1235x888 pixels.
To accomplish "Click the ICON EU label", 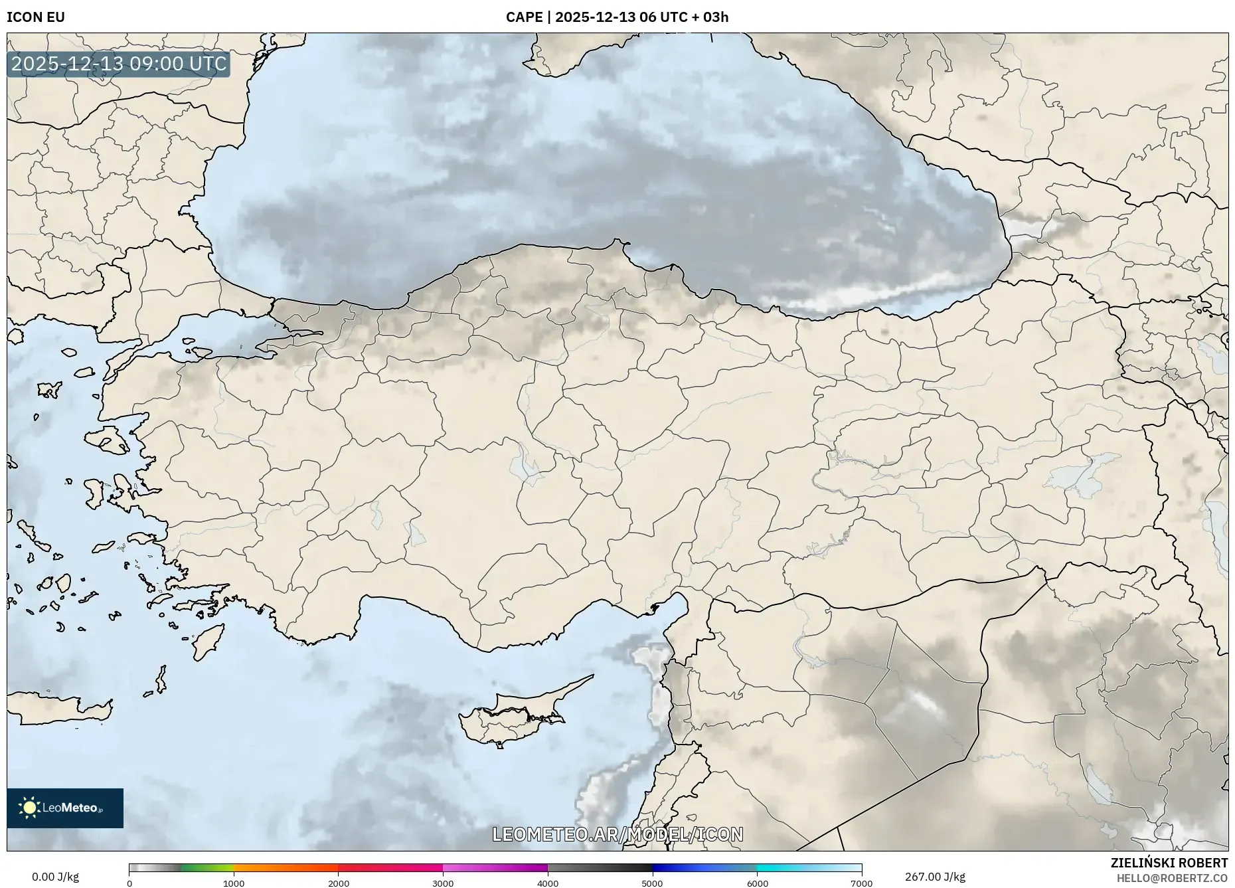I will coord(36,17).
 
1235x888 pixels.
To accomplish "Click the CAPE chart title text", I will coord(617,17).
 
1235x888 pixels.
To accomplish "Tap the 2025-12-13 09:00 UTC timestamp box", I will coord(119,64).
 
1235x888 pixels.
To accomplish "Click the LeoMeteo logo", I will coord(65,808).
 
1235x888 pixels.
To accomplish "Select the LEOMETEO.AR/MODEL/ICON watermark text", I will coord(617,834).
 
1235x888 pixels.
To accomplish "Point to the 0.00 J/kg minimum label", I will coord(55,877).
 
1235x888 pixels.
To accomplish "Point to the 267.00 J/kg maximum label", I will coord(935,877).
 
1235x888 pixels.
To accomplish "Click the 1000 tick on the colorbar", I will coord(234,883).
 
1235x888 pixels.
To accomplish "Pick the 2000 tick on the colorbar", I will coord(339,883).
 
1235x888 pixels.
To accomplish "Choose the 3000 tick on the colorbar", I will coord(443,883).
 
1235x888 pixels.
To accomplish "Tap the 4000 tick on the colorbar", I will coord(548,883).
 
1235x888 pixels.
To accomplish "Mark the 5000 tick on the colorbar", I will coord(652,883).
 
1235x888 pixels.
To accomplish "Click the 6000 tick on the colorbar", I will coord(757,883).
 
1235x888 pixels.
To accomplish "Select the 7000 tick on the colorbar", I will coord(861,883).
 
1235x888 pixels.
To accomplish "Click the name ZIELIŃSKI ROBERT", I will coord(1169,863).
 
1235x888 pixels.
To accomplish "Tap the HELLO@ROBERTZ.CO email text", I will coord(1172,878).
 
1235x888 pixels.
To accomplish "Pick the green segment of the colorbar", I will coord(207,867).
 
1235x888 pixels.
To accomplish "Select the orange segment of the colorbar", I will coord(286,867).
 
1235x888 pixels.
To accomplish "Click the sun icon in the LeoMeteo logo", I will coord(29,808).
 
